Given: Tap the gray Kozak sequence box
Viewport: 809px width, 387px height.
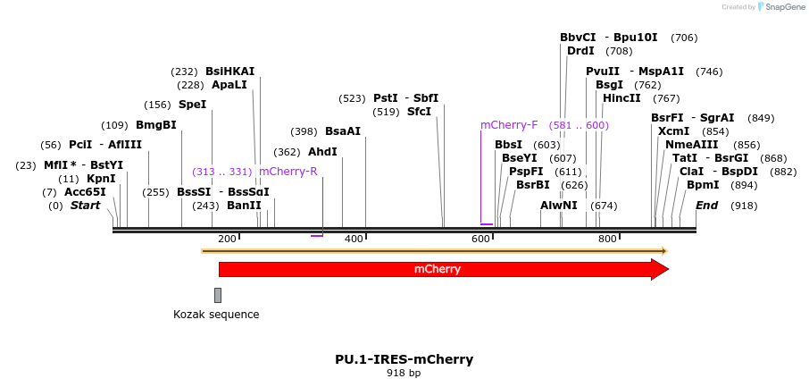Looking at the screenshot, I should pos(218,295).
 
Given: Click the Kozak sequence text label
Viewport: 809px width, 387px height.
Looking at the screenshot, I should pos(216,315).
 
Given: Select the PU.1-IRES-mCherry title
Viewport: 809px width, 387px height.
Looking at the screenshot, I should pos(404,359).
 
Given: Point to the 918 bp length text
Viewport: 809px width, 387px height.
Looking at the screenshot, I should pos(404,374).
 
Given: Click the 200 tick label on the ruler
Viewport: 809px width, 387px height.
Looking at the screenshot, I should pos(227,240).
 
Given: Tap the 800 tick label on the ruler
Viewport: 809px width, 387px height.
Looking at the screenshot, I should pos(607,240).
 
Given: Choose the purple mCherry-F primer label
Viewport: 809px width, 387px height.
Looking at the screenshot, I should pos(509,125).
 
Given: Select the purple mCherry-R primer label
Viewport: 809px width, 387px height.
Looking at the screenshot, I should pos(288,172).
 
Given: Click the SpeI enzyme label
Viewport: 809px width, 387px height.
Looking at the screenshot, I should pos(192,105).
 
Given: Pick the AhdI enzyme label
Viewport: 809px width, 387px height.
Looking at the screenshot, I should pos(322,152).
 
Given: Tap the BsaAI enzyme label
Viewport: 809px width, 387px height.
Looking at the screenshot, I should pos(342,131).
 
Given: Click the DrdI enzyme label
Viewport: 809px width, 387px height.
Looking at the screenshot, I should pos(580,51).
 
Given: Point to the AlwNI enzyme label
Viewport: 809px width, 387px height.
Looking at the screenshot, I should pos(558,206).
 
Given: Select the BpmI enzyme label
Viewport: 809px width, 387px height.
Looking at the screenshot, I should pos(702,185).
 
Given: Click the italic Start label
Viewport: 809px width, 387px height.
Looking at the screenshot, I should pos(86,206).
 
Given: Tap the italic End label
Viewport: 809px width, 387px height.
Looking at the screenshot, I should pos(706,206).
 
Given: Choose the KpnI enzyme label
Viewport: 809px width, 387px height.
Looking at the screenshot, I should pos(101,179).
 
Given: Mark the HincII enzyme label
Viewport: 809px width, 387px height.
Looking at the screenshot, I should pos(621,98).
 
